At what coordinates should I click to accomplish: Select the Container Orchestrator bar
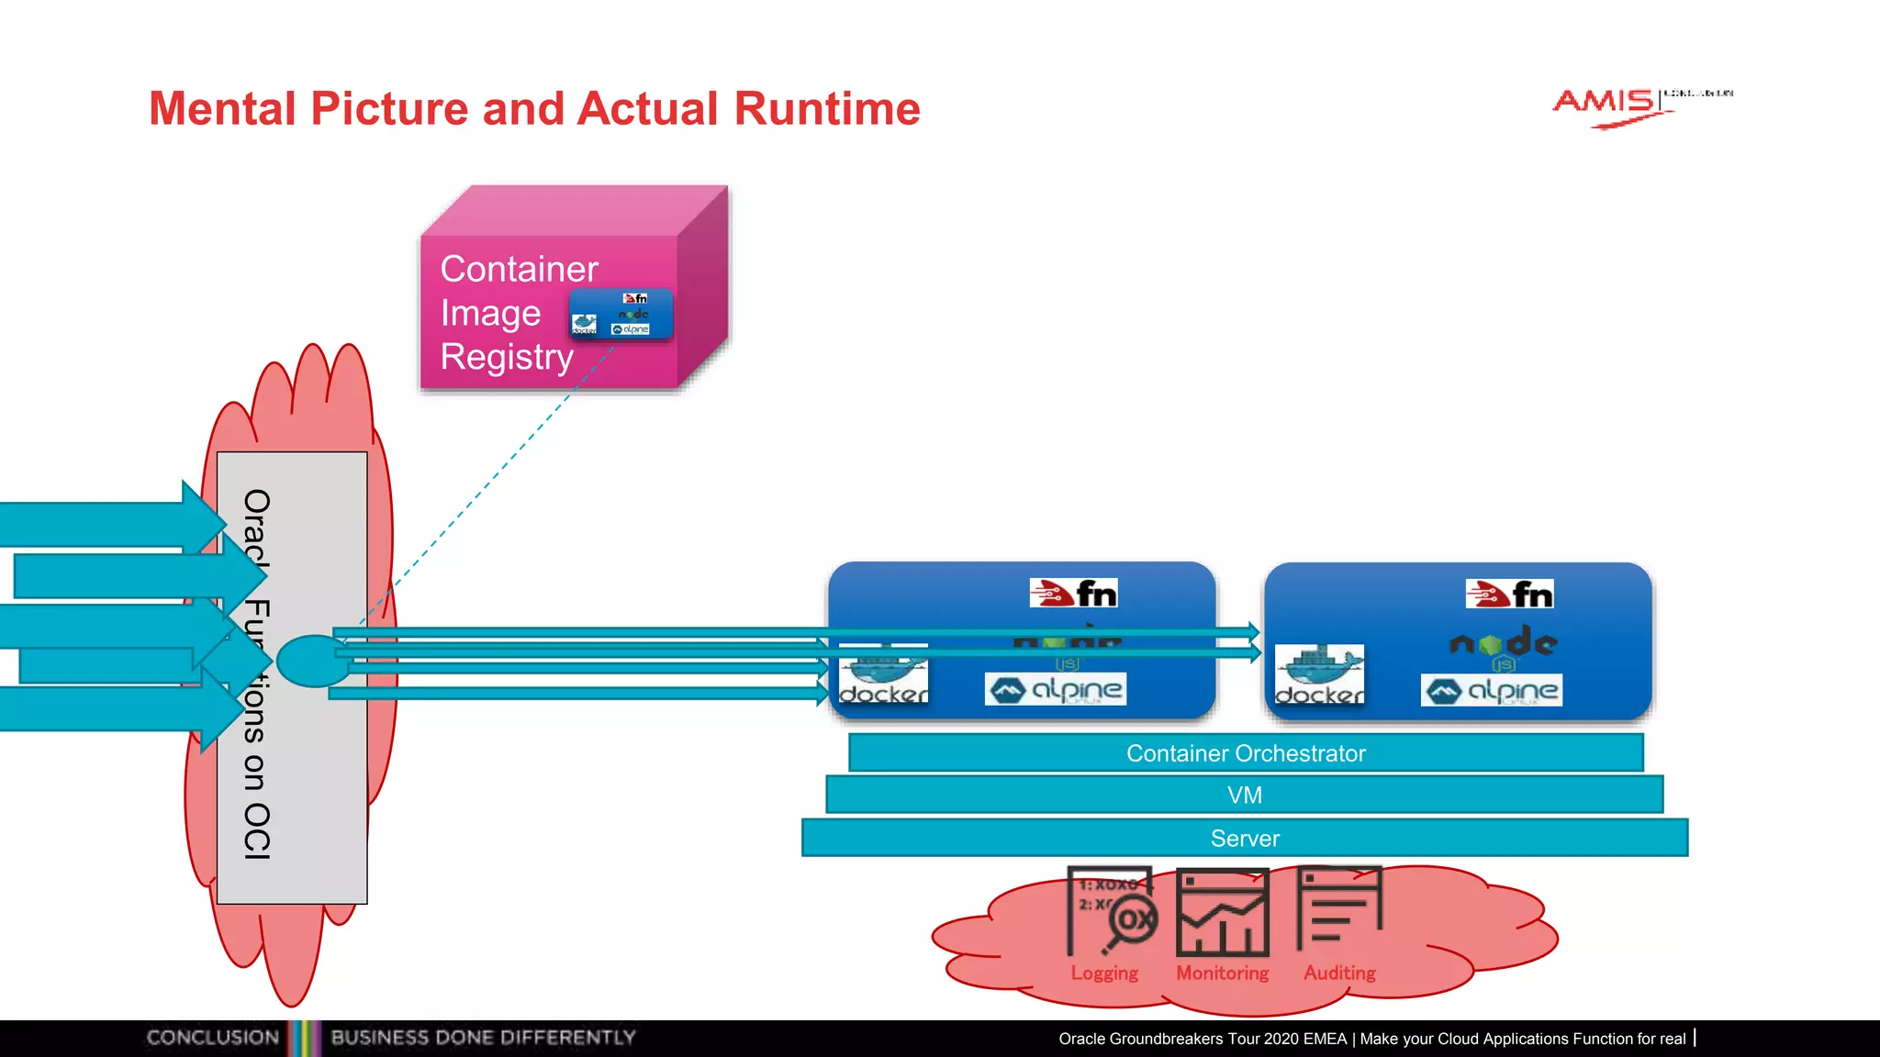point(1246,753)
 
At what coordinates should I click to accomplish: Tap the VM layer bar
point(1244,795)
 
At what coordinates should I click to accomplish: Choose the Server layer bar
point(1244,838)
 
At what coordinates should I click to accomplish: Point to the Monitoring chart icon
point(1222,913)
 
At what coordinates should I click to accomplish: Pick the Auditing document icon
point(1338,907)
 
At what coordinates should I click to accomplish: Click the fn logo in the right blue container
point(1509,595)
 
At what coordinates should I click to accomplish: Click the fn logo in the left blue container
point(1073,594)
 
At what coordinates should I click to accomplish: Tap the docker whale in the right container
point(1319,673)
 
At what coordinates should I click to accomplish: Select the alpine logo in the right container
point(1491,690)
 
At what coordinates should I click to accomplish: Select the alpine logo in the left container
point(1055,689)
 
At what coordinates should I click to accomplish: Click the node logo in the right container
point(1503,643)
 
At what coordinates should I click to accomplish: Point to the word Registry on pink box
point(507,357)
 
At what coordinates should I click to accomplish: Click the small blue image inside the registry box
point(621,315)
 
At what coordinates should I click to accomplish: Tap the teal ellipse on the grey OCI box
point(312,661)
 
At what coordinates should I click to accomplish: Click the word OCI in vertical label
point(257,830)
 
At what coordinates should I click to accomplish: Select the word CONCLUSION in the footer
point(212,1038)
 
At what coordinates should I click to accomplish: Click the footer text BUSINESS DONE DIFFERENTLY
point(483,1038)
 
